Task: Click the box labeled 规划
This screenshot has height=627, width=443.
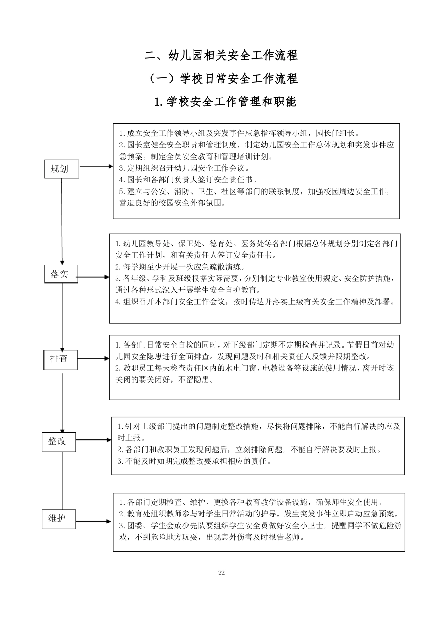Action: pyautogui.click(x=62, y=168)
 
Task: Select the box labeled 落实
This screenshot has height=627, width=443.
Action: pyautogui.click(x=62, y=274)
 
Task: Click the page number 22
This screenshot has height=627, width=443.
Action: pyautogui.click(x=221, y=573)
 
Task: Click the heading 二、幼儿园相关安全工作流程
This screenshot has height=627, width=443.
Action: pyautogui.click(x=221, y=55)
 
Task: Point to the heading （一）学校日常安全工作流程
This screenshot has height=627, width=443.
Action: pyautogui.click(x=221, y=78)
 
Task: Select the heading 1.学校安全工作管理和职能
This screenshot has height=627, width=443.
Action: pyautogui.click(x=225, y=101)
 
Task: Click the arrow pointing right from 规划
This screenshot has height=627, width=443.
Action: pyautogui.click(x=96, y=167)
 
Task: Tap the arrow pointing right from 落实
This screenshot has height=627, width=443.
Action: pyautogui.click(x=93, y=277)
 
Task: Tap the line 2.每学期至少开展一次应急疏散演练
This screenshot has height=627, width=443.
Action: pyautogui.click(x=180, y=267)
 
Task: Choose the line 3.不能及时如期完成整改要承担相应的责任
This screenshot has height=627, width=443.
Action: pyautogui.click(x=194, y=461)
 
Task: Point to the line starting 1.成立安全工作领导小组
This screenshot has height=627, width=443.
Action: pyautogui.click(x=239, y=133)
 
